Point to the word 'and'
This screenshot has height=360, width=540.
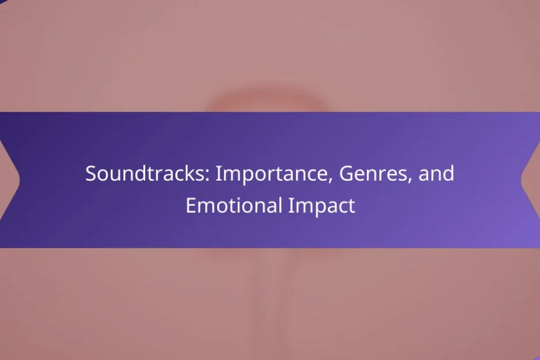436,173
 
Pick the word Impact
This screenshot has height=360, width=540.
321,206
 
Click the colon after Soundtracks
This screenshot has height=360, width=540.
208,175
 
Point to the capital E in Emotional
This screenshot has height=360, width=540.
191,206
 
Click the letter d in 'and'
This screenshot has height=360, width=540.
448,173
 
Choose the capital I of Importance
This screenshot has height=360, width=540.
218,173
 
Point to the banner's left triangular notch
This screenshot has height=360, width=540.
10,179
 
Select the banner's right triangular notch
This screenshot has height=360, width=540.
531,179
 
